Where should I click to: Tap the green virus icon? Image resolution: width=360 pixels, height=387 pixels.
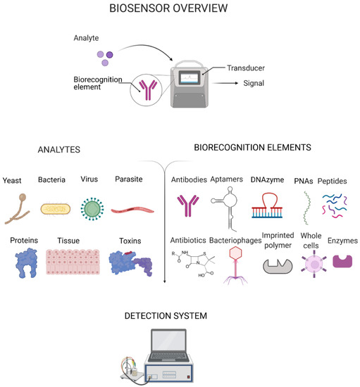[92, 208]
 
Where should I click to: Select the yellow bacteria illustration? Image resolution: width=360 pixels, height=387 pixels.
[55, 208]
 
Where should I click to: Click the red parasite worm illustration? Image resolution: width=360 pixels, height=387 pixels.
[130, 209]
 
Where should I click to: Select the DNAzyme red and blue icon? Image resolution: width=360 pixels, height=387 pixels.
[268, 205]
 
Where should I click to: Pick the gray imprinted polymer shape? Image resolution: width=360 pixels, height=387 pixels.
[277, 265]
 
